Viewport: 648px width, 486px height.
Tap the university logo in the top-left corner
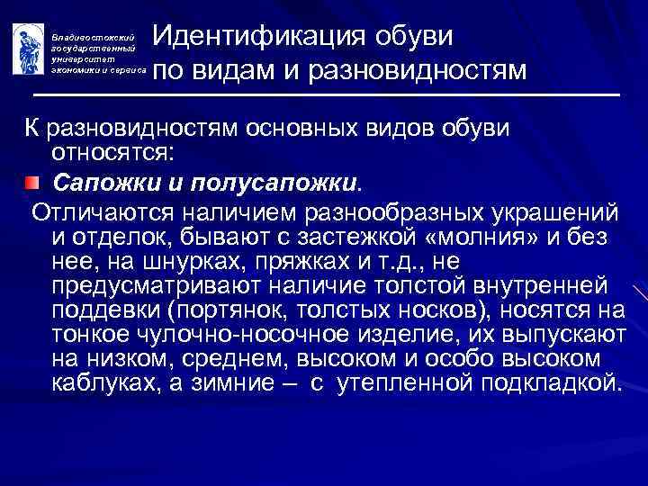pyautogui.click(x=25, y=47)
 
